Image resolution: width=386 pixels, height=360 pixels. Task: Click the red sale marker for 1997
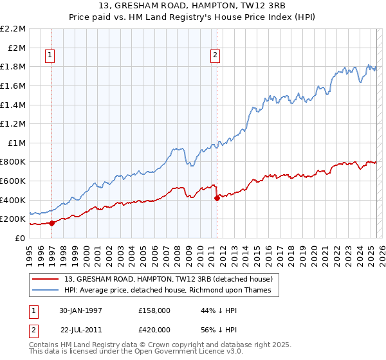tap(51, 223)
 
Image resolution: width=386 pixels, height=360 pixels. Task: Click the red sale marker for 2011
tap(217, 198)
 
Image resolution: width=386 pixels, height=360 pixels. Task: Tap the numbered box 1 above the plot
tap(51, 55)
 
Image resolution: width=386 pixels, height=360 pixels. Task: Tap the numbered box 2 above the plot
tap(216, 55)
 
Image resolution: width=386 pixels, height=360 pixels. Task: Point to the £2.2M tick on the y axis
tap(14, 29)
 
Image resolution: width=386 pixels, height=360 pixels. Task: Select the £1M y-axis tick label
tap(16, 143)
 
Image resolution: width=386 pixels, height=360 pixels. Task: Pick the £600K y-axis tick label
tap(14, 181)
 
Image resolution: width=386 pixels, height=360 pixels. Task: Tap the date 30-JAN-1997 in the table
tap(80, 310)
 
